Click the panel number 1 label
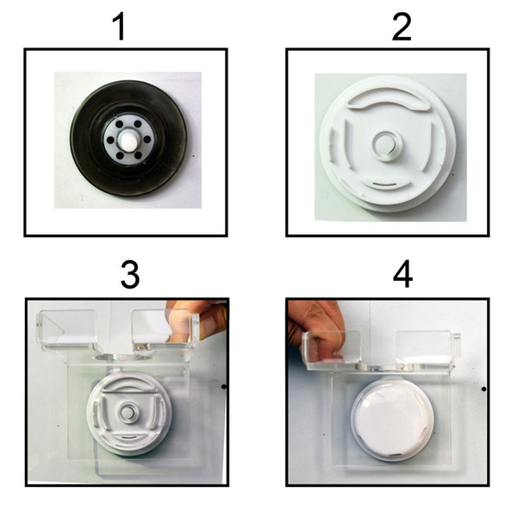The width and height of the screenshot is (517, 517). pos(120,27)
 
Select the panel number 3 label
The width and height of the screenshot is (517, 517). pos(130,275)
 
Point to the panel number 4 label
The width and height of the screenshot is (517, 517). pos(403,274)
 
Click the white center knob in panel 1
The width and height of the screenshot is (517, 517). pos(128,140)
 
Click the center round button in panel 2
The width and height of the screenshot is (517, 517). pos(386,145)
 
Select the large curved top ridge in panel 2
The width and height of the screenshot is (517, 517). pos(388,99)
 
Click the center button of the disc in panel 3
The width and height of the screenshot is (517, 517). pos(127,412)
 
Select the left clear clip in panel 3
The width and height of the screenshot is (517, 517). pos(67,330)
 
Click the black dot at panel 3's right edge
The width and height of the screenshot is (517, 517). pos(224,386)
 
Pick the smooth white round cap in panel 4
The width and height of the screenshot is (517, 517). pos(392,420)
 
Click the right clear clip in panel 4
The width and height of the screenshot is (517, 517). pos(426,350)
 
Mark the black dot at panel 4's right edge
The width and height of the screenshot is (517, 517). pos(484,389)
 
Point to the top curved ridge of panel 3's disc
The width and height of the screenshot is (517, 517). pos(129,386)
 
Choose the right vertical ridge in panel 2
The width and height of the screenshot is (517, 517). pos(428,145)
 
